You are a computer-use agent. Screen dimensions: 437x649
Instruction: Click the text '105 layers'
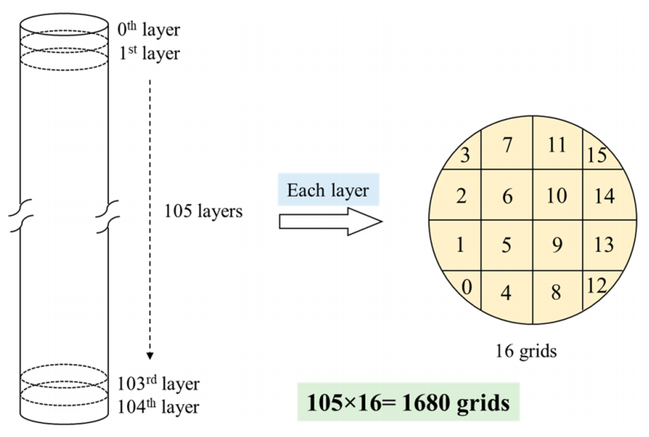(x=203, y=211)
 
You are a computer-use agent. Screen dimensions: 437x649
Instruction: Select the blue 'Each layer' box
(x=328, y=191)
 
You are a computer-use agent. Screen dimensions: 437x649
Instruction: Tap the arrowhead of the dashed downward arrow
(x=150, y=355)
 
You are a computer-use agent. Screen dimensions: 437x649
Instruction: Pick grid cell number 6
(x=508, y=197)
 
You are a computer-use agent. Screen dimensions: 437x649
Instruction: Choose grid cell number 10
(x=557, y=197)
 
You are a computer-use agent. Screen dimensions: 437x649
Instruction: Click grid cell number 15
(x=597, y=154)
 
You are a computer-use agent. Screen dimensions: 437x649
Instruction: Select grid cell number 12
(x=597, y=286)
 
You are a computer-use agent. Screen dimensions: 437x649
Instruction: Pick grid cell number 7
(x=508, y=145)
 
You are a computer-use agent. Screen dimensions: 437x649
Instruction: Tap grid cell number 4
(x=508, y=292)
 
